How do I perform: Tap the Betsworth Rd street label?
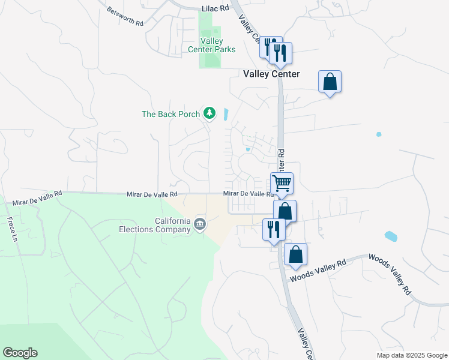click(x=125, y=16)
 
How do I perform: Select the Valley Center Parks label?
click(x=209, y=45)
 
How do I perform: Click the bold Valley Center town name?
click(x=271, y=74)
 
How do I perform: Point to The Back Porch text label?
click(x=170, y=114)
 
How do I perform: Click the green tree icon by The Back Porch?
click(x=209, y=113)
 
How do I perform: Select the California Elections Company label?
click(x=164, y=224)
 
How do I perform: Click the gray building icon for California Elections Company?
click(x=200, y=225)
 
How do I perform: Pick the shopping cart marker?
click(x=282, y=183)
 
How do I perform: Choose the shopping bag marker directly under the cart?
click(x=285, y=211)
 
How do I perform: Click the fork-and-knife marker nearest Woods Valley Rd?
click(x=274, y=229)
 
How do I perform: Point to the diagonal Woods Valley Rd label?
click(x=390, y=274)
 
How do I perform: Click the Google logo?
click(x=20, y=353)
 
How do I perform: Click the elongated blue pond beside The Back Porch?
click(x=226, y=113)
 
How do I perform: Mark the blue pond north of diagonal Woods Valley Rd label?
click(x=390, y=236)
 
